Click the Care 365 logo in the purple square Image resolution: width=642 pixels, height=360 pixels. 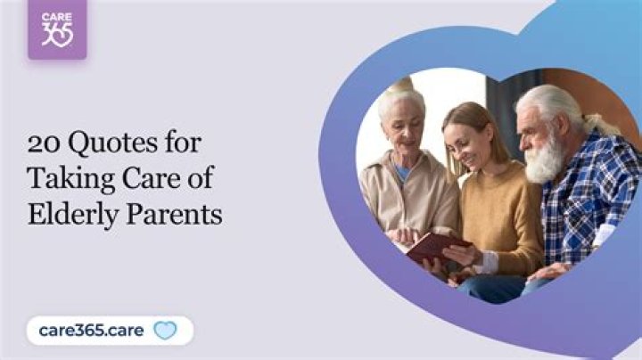tap(57, 29)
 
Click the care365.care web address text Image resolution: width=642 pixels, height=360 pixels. tap(92, 331)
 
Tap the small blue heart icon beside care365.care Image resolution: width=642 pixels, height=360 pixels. tap(165, 331)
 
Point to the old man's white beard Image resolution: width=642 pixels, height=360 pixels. tap(545, 160)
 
